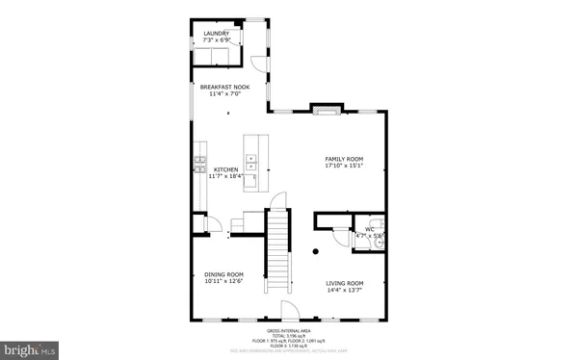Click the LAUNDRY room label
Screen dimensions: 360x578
click(x=216, y=34)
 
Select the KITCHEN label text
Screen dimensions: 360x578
click(x=225, y=169)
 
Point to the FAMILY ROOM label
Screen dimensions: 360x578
click(x=343, y=158)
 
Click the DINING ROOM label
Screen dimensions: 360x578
click(x=223, y=274)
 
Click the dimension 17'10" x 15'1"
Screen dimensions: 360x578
click(x=343, y=166)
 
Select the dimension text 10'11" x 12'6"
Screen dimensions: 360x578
click(x=223, y=282)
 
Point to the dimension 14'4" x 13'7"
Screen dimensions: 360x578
click(x=344, y=290)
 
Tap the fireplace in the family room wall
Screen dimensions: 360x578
click(x=326, y=109)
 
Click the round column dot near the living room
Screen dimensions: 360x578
click(x=316, y=252)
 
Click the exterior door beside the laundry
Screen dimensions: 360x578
click(x=258, y=64)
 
